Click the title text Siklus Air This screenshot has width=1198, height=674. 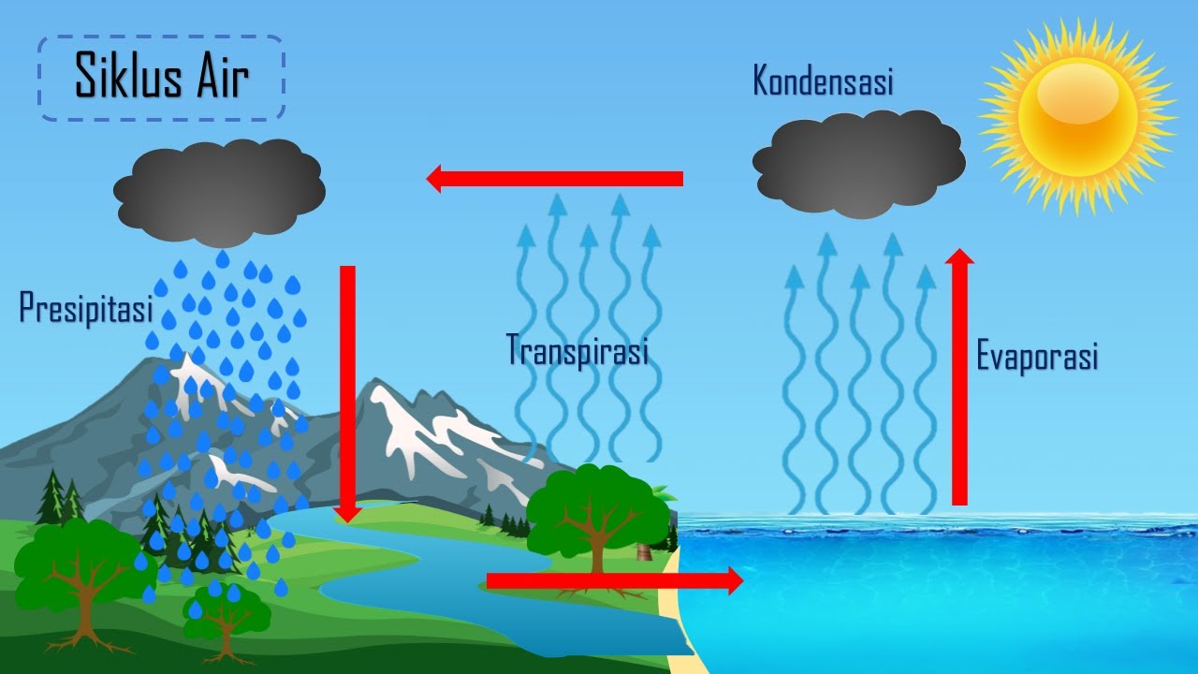(161, 78)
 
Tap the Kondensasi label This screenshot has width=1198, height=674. (823, 81)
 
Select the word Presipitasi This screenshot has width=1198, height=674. (85, 308)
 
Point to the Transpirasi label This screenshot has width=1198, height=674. (577, 349)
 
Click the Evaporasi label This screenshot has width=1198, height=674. (1036, 357)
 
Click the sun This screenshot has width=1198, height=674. (1077, 116)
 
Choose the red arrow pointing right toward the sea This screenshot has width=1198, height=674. (614, 581)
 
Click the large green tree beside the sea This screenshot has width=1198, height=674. (597, 510)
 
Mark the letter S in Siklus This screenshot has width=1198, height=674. (86, 78)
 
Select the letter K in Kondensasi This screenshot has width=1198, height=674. (762, 81)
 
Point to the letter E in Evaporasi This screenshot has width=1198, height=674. (985, 357)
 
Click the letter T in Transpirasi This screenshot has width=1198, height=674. (514, 349)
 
